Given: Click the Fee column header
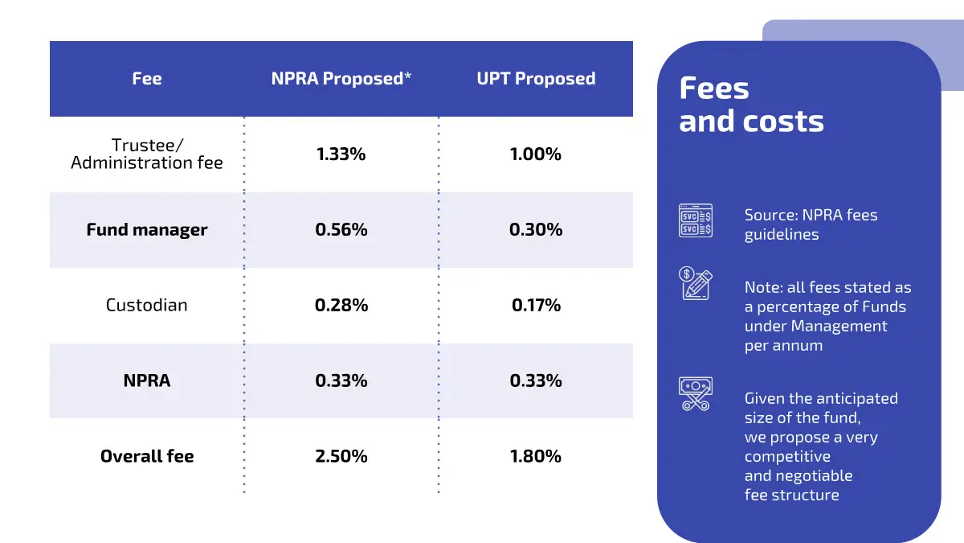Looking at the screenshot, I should click(147, 79).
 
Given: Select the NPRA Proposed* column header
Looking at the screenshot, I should click(341, 79).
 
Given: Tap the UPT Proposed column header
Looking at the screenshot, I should click(536, 79).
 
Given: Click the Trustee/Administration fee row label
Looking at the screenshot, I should click(147, 154).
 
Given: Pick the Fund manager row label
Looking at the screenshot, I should click(147, 230).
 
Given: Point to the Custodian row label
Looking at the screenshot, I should click(147, 306).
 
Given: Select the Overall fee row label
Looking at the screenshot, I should click(147, 456).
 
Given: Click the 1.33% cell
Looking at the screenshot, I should click(341, 154).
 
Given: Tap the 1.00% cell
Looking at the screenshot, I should click(536, 154).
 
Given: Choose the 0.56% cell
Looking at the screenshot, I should click(341, 230).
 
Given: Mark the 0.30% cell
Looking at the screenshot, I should click(536, 230).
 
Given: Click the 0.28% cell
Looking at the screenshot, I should click(341, 306).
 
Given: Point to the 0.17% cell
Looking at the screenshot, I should click(536, 306).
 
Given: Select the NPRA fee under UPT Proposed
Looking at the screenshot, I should click(536, 381).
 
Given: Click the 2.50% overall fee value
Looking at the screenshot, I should click(341, 456).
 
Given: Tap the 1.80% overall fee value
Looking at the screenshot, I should click(536, 456).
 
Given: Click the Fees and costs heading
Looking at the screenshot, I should click(751, 105).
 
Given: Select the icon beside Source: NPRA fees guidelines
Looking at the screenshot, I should click(696, 220).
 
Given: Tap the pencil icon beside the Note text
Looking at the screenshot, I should click(696, 284).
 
